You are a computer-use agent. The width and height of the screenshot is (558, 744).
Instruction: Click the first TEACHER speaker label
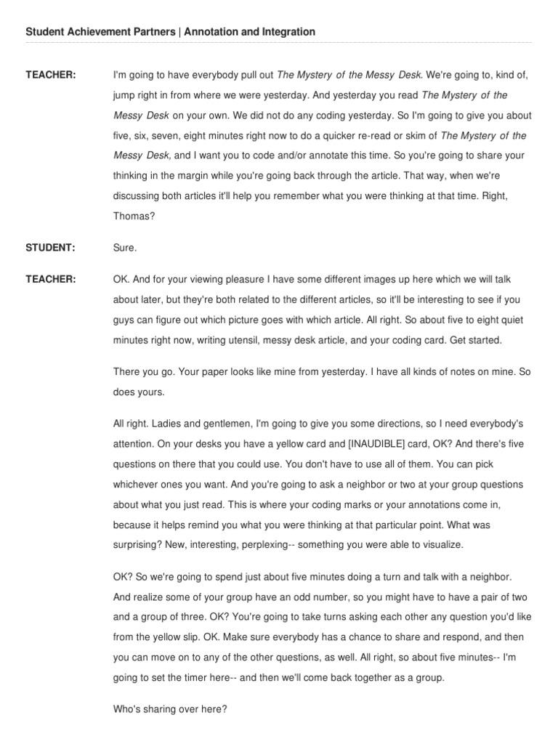[51, 75]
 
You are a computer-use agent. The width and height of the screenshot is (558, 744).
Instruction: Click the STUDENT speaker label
[50, 248]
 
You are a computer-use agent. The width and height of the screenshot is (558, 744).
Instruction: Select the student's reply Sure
[125, 248]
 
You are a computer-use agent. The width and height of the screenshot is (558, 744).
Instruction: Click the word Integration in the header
[287, 32]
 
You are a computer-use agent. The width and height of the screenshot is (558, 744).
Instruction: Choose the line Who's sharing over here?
[171, 710]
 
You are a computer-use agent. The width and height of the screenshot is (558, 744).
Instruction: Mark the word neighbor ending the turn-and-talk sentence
[490, 576]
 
